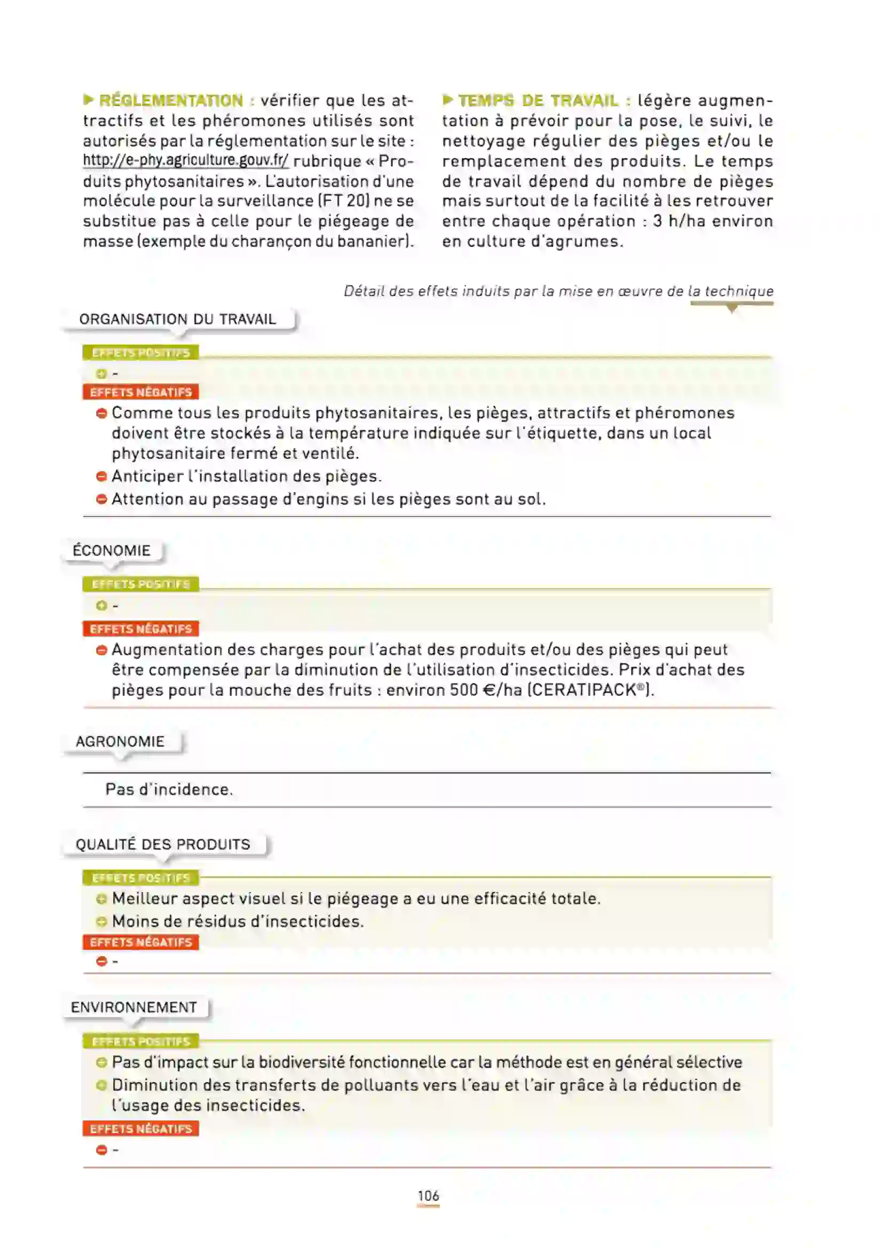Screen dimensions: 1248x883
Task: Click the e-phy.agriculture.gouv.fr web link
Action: point(185,161)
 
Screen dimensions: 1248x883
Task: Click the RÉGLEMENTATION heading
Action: point(171,100)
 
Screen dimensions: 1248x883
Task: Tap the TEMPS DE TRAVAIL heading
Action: point(538,100)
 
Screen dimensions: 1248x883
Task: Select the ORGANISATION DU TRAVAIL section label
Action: point(178,319)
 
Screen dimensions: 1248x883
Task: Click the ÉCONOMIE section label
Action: point(112,551)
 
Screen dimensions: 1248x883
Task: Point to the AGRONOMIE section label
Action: point(120,742)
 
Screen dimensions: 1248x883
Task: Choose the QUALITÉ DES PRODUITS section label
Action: point(163,844)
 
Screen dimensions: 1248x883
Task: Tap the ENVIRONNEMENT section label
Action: point(134,1007)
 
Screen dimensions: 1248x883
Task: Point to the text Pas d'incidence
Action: point(169,789)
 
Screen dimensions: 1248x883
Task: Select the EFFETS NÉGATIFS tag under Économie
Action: point(141,629)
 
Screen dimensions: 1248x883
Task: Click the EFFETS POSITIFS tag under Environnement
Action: point(141,1042)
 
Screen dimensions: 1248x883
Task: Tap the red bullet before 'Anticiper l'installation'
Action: point(101,476)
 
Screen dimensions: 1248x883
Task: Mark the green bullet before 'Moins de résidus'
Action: point(101,922)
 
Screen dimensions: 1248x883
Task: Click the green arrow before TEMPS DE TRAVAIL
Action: point(447,100)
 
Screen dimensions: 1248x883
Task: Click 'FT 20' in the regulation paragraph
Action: point(344,201)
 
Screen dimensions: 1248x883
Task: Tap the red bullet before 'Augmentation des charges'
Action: point(101,650)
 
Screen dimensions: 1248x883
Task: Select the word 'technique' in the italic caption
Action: point(739,291)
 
